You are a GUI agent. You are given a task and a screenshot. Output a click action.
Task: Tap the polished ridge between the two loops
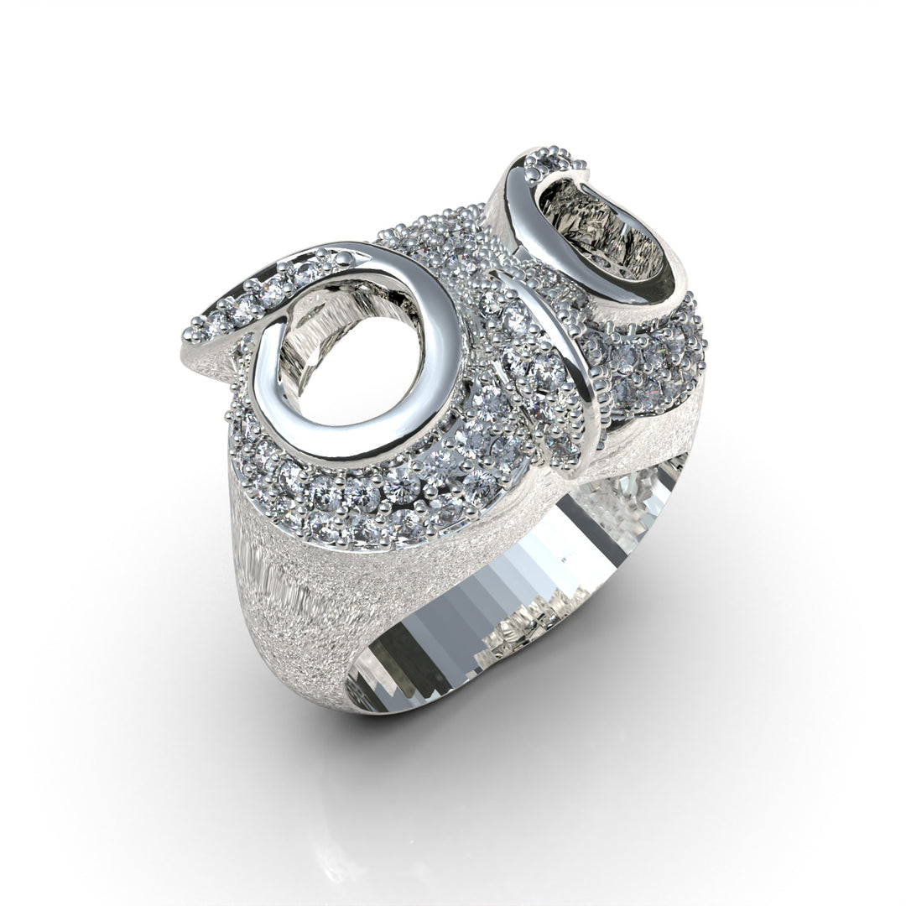pos(562,352)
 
